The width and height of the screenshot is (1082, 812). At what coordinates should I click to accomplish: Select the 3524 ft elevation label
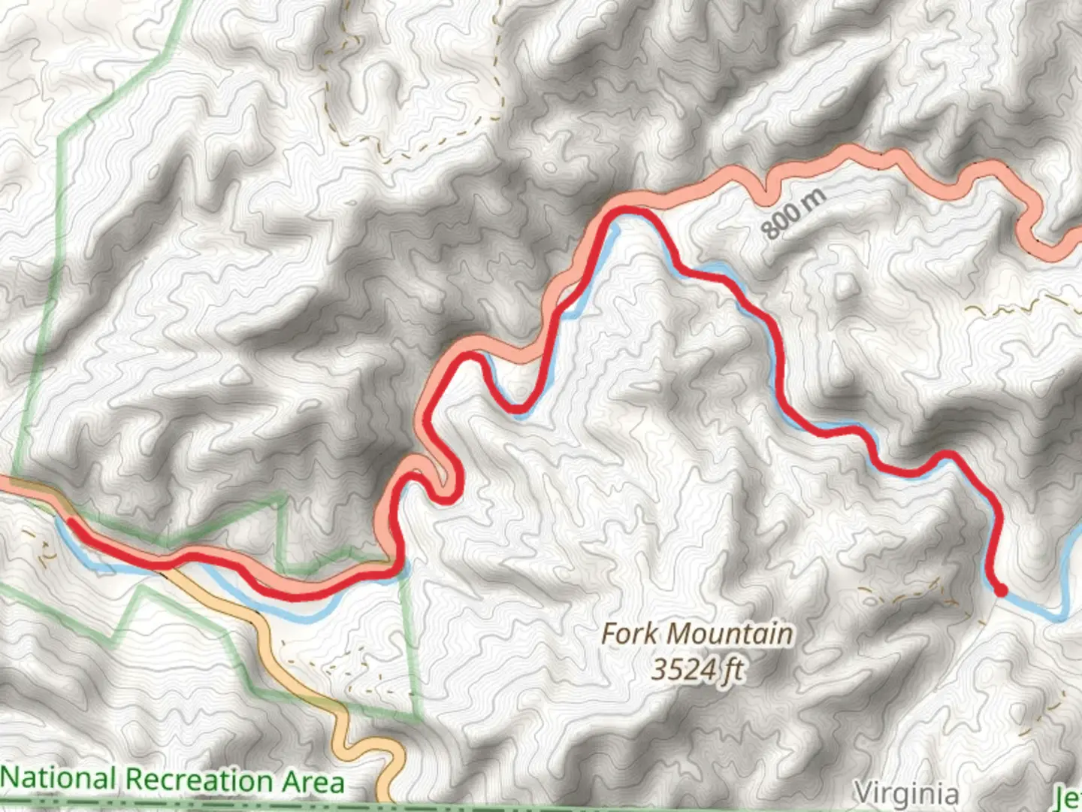(697, 669)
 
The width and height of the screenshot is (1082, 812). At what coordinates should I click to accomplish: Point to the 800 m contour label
(793, 214)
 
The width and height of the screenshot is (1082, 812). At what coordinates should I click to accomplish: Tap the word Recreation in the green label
(198, 780)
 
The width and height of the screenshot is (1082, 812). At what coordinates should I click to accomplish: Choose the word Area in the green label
(313, 782)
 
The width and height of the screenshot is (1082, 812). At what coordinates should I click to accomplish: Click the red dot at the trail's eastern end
(1001, 591)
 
